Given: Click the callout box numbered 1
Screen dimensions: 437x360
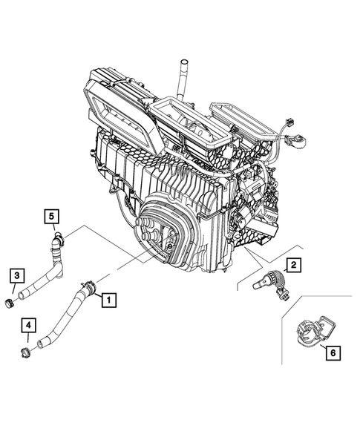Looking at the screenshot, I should coord(108,300).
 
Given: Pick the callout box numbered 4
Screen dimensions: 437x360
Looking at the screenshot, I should coord(27,325).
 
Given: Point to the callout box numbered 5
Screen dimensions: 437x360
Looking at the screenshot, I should coord(51,216).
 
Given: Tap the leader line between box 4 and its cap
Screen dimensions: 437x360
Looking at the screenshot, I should coord(27,338).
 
